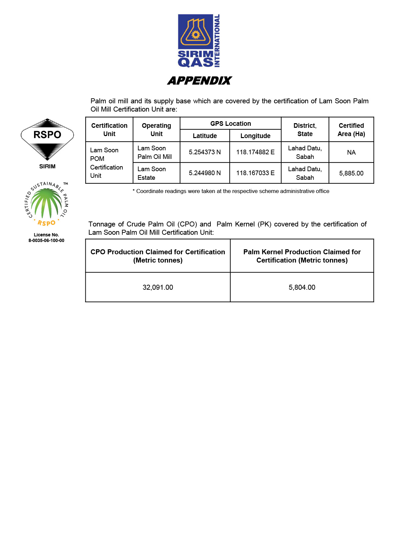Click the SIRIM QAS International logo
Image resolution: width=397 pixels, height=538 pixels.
(x=199, y=41)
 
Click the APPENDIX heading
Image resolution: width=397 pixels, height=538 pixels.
(x=199, y=80)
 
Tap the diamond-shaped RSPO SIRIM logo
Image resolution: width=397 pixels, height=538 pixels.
(x=47, y=139)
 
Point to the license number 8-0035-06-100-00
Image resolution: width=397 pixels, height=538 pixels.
(x=46, y=240)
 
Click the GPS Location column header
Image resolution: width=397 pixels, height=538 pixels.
(x=231, y=123)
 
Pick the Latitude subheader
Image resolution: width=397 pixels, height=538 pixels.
(x=205, y=136)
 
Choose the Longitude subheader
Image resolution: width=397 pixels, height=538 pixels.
(x=255, y=136)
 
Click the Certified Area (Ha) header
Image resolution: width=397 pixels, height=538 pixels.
(x=351, y=130)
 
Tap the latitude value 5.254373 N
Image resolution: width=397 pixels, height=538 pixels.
(x=205, y=152)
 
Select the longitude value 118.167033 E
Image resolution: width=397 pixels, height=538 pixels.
(x=255, y=173)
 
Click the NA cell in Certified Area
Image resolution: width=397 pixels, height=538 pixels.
(x=351, y=152)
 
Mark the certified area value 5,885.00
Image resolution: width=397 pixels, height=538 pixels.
(x=351, y=173)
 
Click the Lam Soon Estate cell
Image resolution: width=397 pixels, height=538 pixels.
(x=152, y=173)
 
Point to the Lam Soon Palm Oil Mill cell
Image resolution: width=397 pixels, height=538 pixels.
(x=154, y=152)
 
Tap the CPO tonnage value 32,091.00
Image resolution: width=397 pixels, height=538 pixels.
(x=158, y=287)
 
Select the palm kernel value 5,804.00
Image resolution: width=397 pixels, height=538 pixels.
(x=302, y=287)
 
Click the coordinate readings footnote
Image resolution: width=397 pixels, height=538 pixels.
(x=231, y=191)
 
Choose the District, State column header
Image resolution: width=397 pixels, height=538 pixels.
(x=305, y=130)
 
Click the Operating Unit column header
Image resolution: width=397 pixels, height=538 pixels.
(x=156, y=130)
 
